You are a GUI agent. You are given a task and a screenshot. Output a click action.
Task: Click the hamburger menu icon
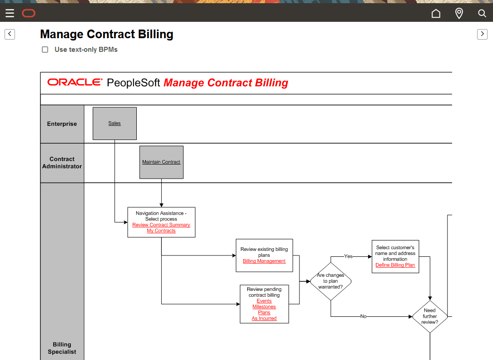10,13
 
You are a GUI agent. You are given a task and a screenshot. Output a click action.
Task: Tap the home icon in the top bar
436,13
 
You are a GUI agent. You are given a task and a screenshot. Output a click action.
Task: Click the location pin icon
459,13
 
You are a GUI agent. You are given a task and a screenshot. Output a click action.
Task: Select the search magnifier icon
482,13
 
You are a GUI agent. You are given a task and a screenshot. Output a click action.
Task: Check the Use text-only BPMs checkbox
45,50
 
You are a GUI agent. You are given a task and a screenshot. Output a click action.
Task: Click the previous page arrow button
10,34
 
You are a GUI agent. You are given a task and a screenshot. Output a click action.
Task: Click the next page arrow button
482,34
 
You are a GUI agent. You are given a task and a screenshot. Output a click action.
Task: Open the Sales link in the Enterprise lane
115,123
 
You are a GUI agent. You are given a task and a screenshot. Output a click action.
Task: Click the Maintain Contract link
161,162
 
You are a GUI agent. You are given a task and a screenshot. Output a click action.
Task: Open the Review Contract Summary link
161,225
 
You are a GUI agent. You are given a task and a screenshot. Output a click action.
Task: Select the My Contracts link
161,231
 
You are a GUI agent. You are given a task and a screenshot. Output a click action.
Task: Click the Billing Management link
264,261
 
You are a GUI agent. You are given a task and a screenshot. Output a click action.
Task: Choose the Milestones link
264,307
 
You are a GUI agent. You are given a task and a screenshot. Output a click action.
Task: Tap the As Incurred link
264,319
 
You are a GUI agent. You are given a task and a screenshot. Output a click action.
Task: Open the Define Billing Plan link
395,265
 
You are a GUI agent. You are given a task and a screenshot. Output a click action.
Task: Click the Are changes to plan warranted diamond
330,281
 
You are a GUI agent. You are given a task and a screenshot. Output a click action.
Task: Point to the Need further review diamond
429,316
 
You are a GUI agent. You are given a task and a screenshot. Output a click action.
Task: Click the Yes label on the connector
348,256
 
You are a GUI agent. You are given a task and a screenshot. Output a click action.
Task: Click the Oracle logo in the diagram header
75,82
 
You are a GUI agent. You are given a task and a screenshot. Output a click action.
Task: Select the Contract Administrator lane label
62,163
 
